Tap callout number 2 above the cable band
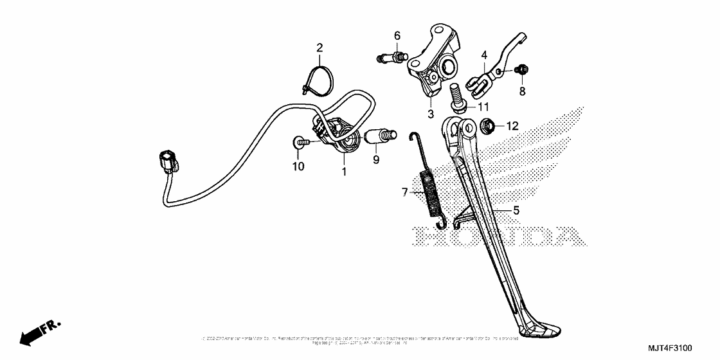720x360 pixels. [319, 47]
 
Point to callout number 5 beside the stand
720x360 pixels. [516, 210]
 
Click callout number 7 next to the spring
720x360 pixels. [404, 191]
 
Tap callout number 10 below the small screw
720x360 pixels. [298, 166]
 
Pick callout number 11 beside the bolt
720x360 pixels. [483, 105]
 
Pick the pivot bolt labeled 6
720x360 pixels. [390, 58]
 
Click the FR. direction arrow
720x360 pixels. [38, 332]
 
